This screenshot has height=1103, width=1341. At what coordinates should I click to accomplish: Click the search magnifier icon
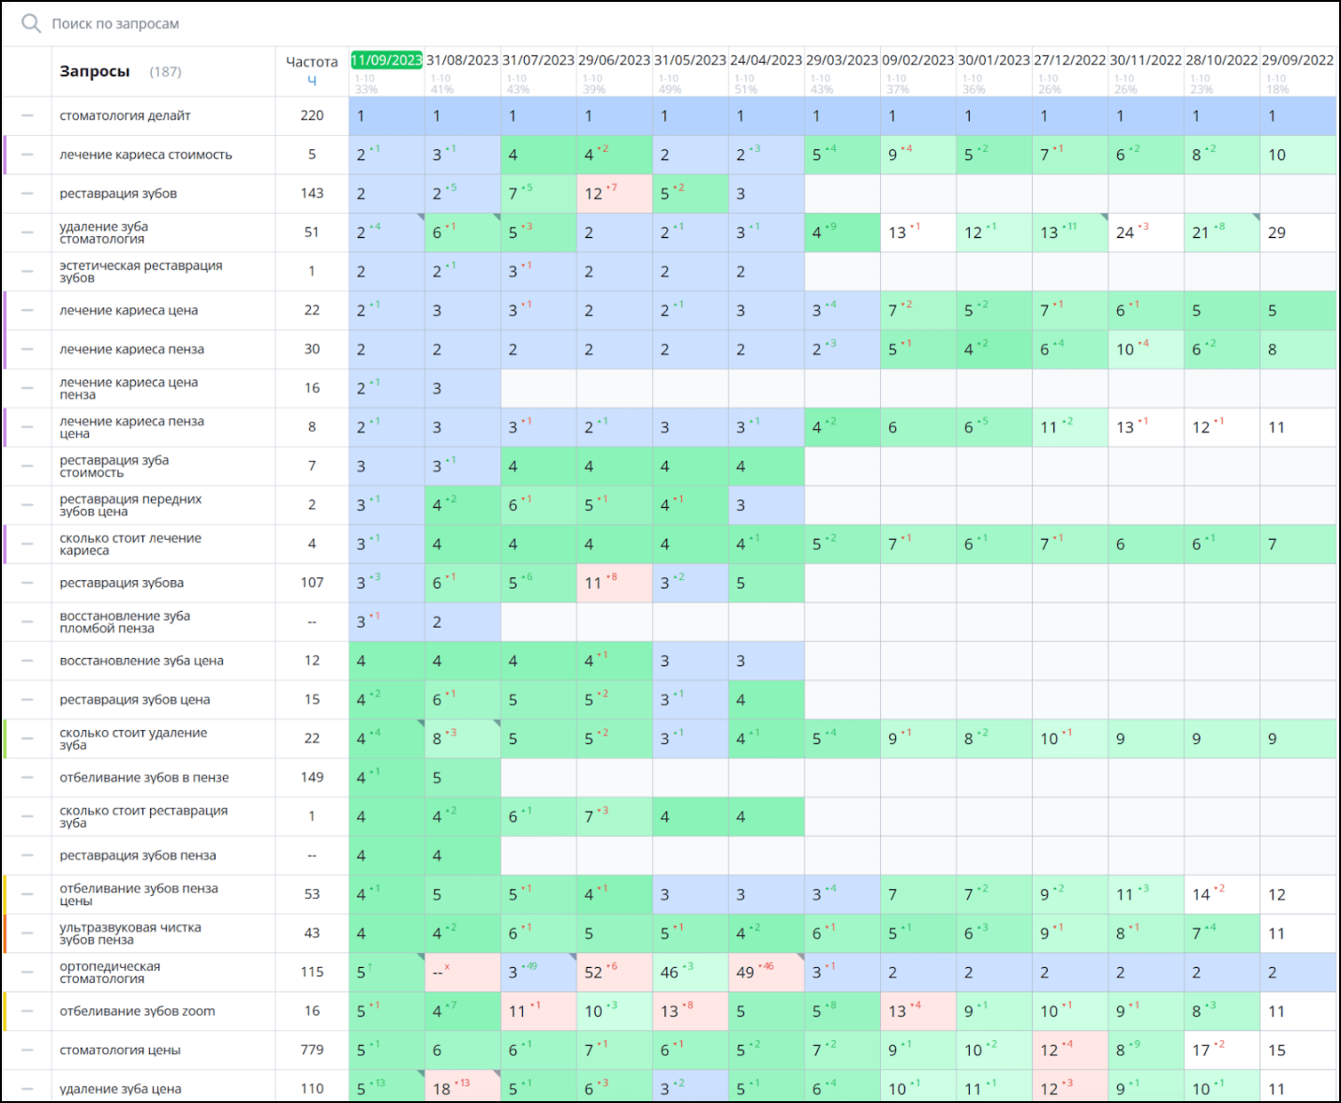coord(31,23)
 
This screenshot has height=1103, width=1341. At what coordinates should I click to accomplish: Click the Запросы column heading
coord(94,71)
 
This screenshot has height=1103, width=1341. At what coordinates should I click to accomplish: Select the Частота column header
coord(311,62)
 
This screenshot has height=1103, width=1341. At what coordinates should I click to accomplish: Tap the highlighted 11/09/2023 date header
coord(386,60)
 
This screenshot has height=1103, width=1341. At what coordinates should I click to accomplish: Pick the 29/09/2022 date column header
coord(1297,60)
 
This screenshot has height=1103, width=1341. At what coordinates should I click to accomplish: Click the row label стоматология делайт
coord(125,116)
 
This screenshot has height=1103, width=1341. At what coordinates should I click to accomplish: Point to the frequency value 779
coord(312,1050)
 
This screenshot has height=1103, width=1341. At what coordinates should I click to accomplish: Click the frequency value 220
coord(312,115)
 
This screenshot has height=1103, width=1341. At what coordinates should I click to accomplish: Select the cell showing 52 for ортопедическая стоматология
coord(593,973)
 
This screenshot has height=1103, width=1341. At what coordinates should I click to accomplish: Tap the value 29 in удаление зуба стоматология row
coord(1276,232)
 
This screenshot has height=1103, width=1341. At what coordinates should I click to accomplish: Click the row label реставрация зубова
coord(121,583)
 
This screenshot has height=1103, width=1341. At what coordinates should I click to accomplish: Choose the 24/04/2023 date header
coord(766,60)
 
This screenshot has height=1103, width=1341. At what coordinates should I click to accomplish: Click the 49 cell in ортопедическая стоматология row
coord(745,973)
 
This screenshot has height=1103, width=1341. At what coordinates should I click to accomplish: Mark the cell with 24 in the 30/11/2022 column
coord(1125,232)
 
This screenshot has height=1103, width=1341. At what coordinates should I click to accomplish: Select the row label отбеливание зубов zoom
coord(137,1011)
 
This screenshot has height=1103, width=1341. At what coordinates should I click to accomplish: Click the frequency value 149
coord(312,777)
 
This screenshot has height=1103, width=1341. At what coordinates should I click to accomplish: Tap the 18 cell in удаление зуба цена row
coord(442,1089)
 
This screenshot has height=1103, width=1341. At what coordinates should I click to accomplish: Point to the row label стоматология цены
coord(120,1051)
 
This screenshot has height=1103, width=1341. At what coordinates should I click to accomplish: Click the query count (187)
coord(166,72)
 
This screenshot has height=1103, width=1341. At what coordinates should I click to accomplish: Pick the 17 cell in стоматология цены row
coord(1201,1051)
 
